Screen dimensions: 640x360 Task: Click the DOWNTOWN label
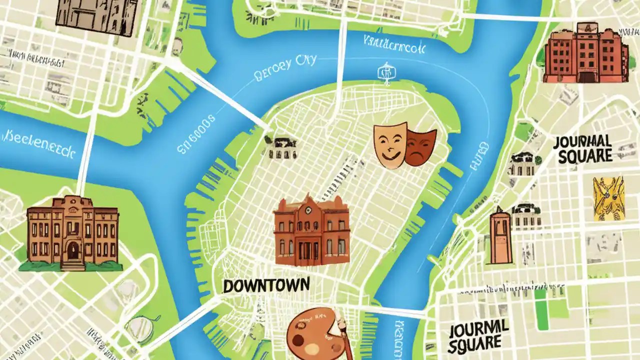[265, 285]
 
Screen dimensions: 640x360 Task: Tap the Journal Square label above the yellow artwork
[583, 148]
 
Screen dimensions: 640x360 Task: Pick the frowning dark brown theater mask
[420, 146]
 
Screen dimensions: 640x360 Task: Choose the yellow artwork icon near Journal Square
[608, 198]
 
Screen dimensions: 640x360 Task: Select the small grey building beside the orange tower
[526, 216]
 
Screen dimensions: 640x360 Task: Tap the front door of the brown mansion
[73, 251]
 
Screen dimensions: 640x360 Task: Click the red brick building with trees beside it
[585, 53]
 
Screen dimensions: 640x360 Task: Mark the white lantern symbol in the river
[384, 72]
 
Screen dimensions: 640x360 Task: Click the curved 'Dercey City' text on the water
[285, 69]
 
